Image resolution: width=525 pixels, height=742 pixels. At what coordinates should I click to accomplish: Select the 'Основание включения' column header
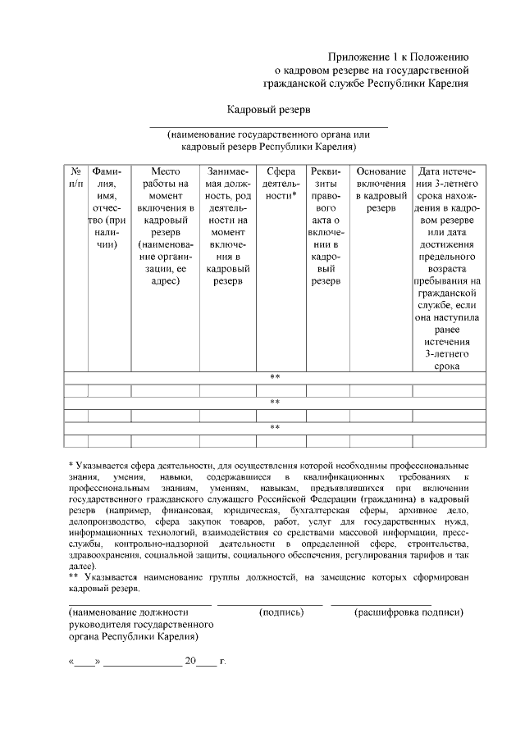click(381, 189)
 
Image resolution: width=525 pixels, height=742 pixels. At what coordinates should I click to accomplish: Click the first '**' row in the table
click(275, 378)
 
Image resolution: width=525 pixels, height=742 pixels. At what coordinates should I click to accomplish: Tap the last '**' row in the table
click(275, 428)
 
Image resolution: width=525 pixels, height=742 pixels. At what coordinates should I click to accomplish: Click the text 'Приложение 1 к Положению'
click(398, 57)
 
